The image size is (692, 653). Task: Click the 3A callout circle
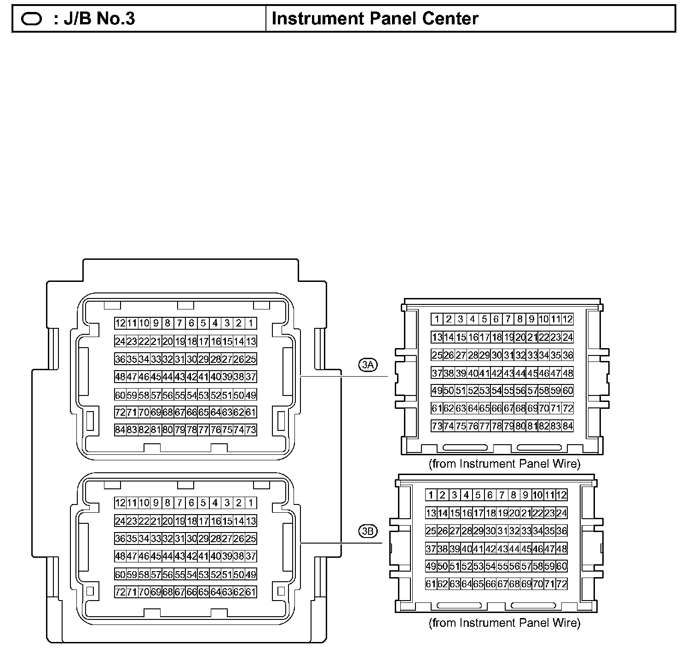368,365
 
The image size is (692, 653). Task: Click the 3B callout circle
368,531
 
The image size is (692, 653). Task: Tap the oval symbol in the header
32,19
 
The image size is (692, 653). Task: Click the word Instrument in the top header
313,19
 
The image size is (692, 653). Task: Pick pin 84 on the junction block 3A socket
120,430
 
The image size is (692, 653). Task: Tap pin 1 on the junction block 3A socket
251,323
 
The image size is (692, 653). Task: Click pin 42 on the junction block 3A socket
191,377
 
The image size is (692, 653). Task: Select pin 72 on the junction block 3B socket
120,592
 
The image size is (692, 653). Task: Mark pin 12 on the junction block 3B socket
120,503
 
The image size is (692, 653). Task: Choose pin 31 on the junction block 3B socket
179,538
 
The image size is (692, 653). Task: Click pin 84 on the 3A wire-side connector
568,426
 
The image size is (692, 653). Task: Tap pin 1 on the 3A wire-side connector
437,319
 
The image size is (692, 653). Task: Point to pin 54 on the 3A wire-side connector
496,390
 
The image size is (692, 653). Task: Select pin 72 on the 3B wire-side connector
562,584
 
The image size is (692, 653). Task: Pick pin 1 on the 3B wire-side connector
431,495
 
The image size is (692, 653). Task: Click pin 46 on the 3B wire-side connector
538,549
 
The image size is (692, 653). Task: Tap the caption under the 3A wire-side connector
505,464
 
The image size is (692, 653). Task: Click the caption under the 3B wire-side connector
505,623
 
